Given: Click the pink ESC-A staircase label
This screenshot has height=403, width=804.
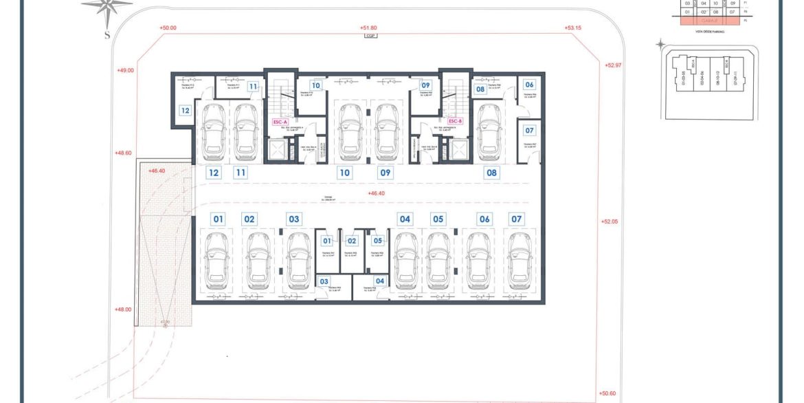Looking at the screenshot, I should (x=280, y=122).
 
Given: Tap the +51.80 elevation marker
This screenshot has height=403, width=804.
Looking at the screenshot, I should (x=368, y=28).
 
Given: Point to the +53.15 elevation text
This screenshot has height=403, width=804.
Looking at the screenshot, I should (x=573, y=28).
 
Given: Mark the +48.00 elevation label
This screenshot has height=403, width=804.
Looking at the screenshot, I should (x=123, y=309).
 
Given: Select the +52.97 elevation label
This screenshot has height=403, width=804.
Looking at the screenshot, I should (x=613, y=65).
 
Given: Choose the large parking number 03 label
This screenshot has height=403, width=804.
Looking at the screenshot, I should (x=294, y=219).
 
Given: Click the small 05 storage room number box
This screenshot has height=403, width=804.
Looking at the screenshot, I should (x=378, y=241).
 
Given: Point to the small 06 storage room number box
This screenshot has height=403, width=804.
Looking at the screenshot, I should (x=529, y=85).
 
